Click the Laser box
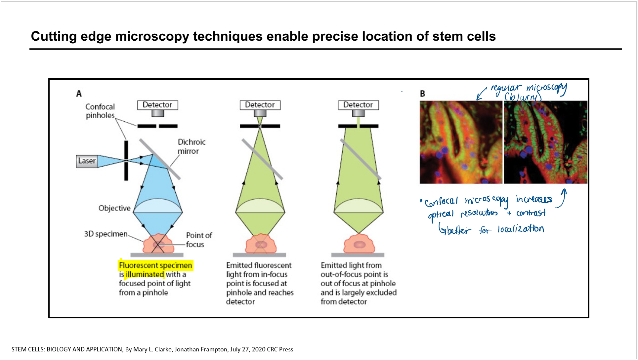(87, 161)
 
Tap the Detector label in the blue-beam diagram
(157, 105)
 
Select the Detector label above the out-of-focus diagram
(358, 105)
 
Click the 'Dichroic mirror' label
(191, 146)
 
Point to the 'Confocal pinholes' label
(100, 111)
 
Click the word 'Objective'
(114, 208)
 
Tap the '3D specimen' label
(106, 234)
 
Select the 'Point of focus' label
(199, 240)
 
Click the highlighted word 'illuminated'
(145, 274)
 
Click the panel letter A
(79, 94)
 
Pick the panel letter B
(422, 94)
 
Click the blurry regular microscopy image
(461, 142)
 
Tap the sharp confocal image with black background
(546, 142)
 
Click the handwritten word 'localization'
(521, 229)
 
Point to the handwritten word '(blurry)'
(523, 97)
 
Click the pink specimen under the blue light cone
(158, 244)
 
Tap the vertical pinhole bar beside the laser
(126, 161)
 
